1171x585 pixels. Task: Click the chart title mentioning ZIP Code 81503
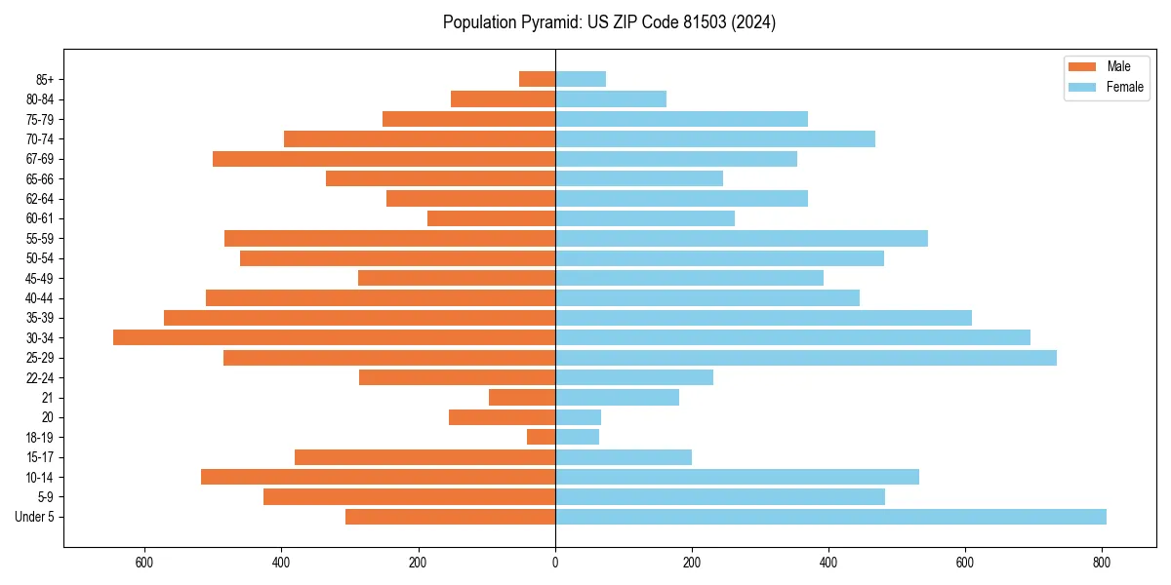click(609, 22)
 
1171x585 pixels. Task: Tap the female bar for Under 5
click(830, 517)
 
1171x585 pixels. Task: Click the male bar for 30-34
click(334, 337)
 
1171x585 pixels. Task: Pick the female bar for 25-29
click(806, 358)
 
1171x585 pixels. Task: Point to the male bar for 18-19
click(542, 437)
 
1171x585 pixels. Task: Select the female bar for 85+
click(581, 79)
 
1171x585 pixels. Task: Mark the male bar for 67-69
click(384, 159)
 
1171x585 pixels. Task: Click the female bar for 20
click(578, 417)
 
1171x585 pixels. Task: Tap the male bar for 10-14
click(378, 477)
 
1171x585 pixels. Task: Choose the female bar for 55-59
click(742, 238)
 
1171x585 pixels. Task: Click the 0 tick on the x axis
click(555, 562)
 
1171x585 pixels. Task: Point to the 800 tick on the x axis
click(1102, 562)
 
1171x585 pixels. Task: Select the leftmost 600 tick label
click(144, 562)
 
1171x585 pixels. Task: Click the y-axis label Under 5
click(35, 517)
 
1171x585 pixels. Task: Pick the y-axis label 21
click(48, 398)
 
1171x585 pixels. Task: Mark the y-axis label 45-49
click(40, 278)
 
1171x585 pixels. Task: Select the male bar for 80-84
click(503, 98)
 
